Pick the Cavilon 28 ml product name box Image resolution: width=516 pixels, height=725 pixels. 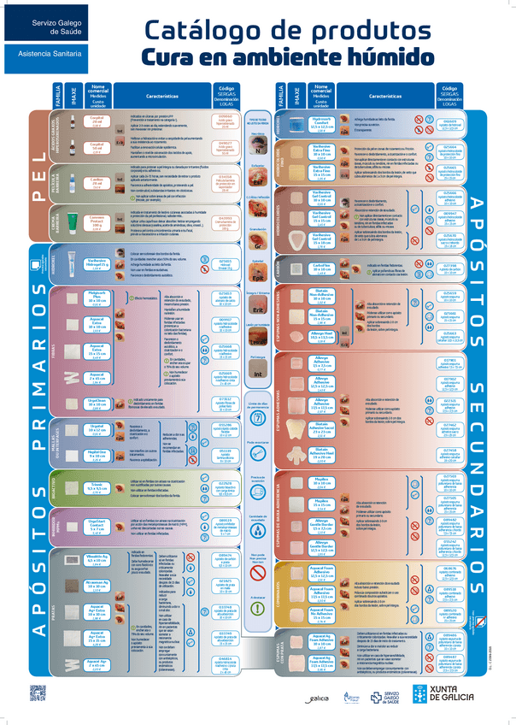(x=97, y=182)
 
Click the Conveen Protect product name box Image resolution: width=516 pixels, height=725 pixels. (x=97, y=223)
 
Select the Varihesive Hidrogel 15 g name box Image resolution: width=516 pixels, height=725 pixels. (x=97, y=264)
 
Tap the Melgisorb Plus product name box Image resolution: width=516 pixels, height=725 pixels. (x=97, y=299)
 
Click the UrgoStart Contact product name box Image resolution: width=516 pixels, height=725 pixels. (x=97, y=526)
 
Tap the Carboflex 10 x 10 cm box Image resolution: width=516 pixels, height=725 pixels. (x=321, y=267)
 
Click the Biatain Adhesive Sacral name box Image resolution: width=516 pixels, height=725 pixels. (x=321, y=427)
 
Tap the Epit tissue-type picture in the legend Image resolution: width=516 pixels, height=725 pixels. (x=257, y=275)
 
